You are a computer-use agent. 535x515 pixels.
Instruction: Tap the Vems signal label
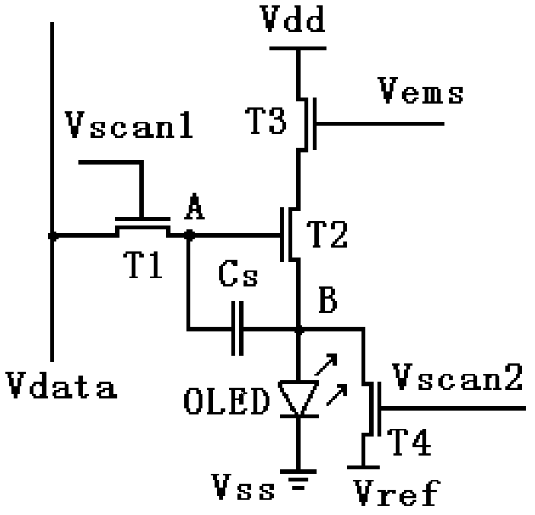(420, 94)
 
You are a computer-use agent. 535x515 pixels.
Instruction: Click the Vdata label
(62, 387)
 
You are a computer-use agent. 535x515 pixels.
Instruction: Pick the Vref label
(396, 494)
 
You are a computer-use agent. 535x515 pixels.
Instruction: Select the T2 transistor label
(326, 236)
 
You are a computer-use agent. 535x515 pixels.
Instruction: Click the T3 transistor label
(267, 120)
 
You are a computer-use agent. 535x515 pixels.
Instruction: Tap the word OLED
(227, 401)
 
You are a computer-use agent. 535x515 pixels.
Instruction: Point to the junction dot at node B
(298, 331)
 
